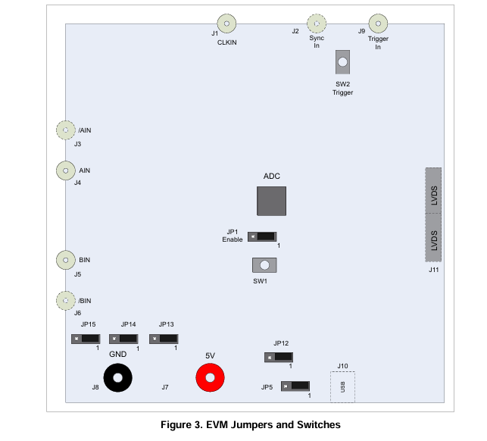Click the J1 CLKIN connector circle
point(226,23)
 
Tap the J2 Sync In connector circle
point(317,23)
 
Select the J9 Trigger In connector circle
point(378,23)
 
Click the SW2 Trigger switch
point(342,62)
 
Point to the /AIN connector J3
point(66,130)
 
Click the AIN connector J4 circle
point(66,170)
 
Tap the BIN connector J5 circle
point(66,260)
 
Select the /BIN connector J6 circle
point(66,301)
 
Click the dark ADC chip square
point(271,201)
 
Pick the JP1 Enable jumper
point(262,237)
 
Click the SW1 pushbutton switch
point(264,265)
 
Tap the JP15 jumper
point(86,339)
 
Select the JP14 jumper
point(123,339)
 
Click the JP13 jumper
point(164,339)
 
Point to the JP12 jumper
point(279,358)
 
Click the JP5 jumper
point(295,386)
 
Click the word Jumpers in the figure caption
point(252,425)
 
